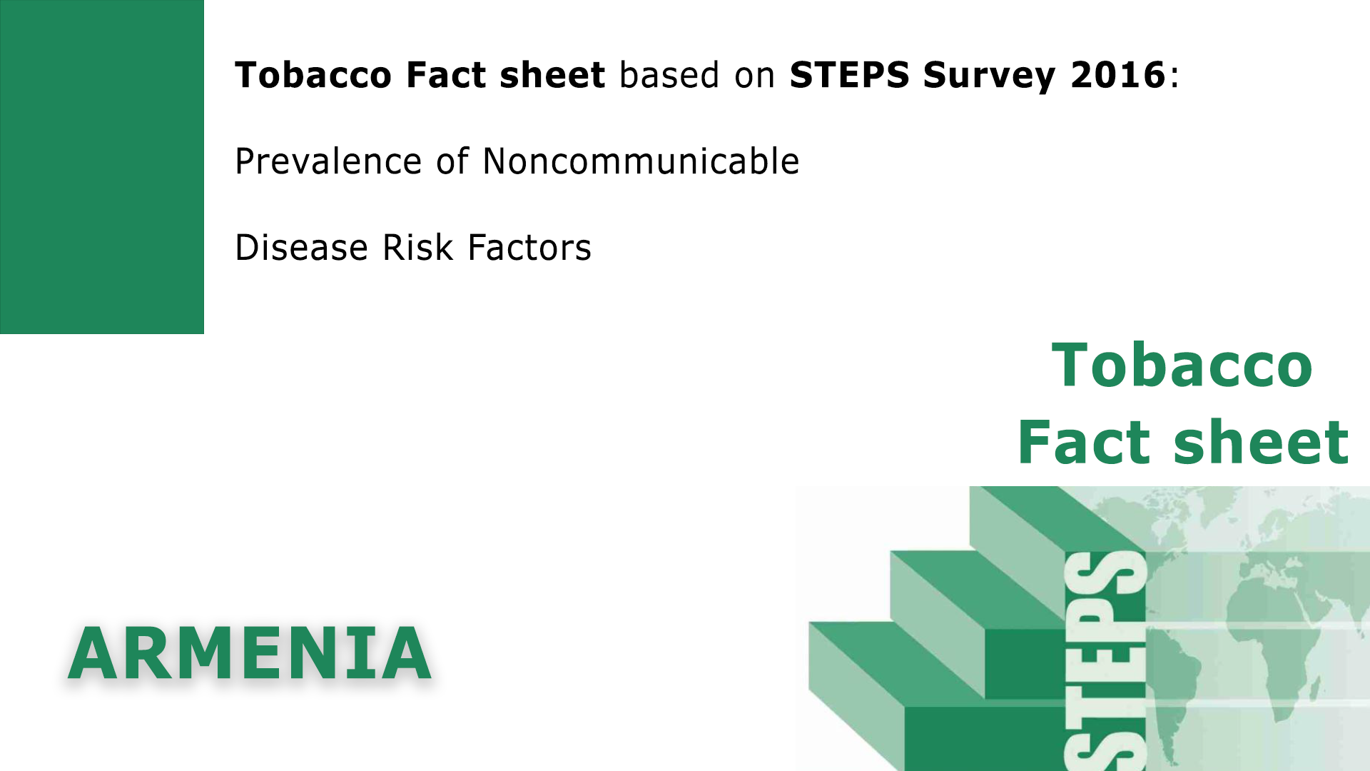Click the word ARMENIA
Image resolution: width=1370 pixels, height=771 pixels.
[x=250, y=654]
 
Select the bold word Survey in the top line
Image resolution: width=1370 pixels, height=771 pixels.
[x=988, y=76]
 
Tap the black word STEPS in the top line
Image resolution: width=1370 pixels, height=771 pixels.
[x=849, y=75]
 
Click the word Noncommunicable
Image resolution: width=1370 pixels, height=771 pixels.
[x=641, y=161]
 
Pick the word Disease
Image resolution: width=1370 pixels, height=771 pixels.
[x=301, y=248]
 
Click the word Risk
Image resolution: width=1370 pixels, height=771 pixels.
[x=417, y=248]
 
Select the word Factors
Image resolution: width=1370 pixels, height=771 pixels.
[x=529, y=248]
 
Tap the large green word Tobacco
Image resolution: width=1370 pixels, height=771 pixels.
[x=1182, y=366]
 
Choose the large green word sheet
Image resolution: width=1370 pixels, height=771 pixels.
[x=1261, y=443]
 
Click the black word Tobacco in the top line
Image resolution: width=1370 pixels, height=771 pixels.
[x=313, y=75]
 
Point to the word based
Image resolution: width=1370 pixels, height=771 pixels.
[x=669, y=75]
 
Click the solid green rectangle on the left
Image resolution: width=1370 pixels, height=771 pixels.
[x=102, y=167]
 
